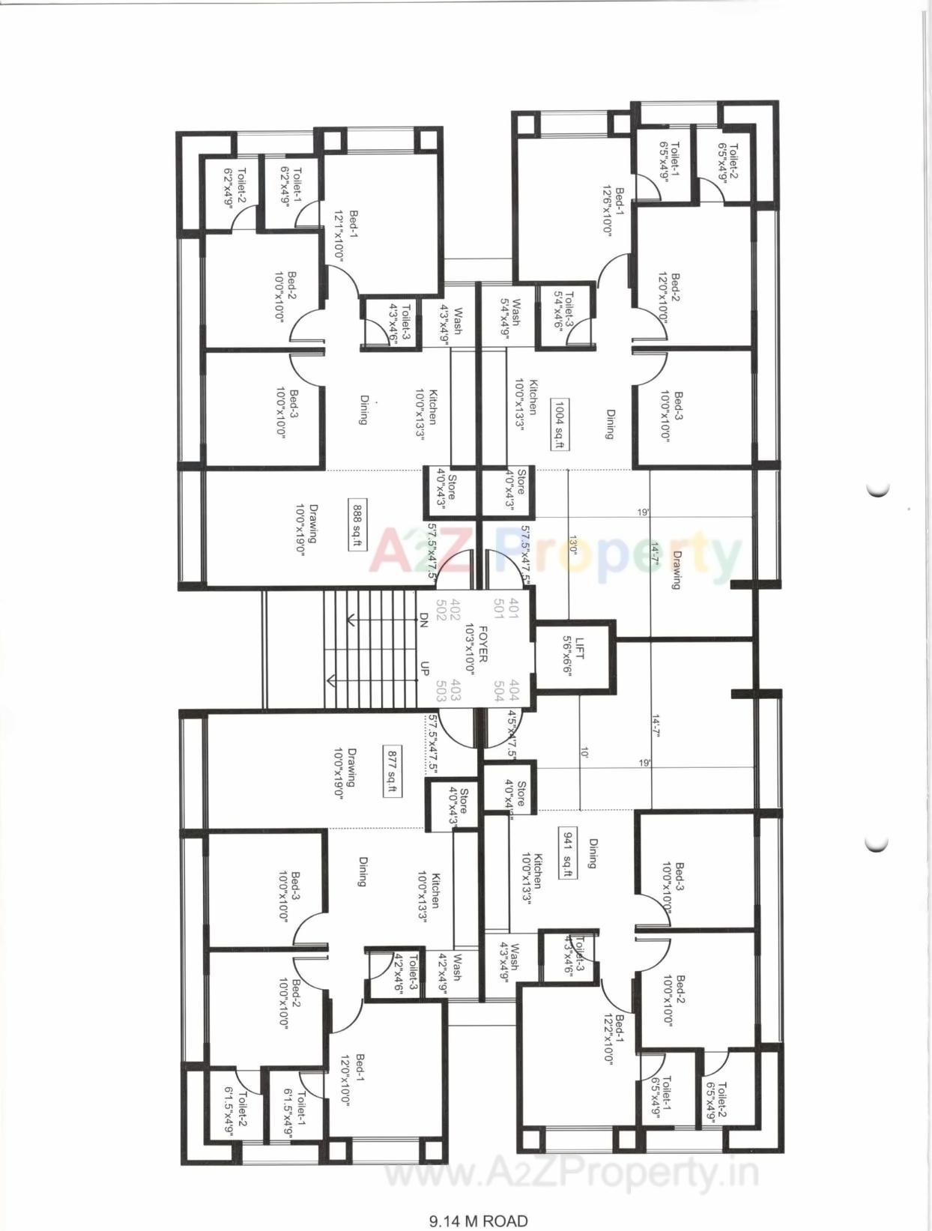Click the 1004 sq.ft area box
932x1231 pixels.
pos(559,424)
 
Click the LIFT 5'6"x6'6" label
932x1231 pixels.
pos(573,657)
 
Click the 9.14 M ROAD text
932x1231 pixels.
pos(478,1221)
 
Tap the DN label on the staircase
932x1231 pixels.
pos(424,619)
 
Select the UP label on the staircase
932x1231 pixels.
pos(424,668)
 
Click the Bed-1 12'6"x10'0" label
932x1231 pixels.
pos(613,211)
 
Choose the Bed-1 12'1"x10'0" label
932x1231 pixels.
pos(345,235)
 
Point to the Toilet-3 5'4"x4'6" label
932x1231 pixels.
pos(563,311)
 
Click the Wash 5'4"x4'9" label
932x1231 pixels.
pos(510,317)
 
